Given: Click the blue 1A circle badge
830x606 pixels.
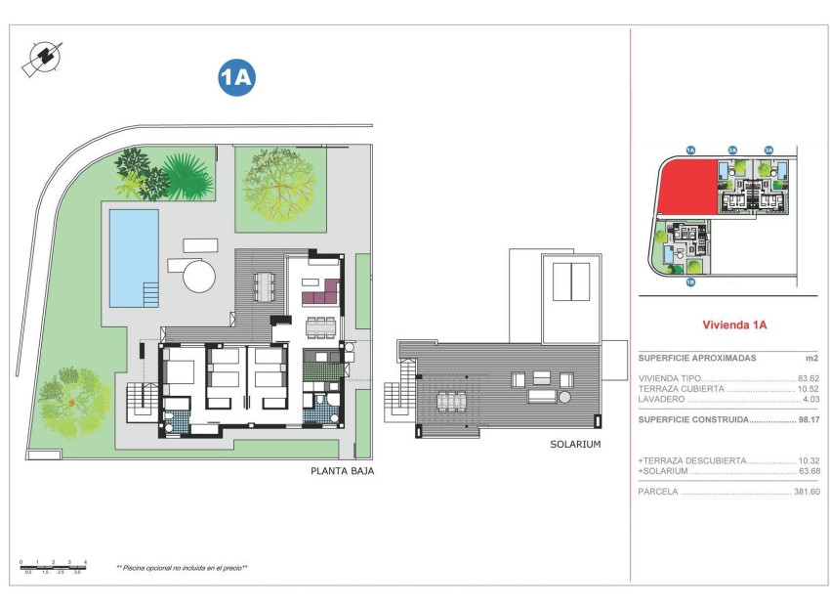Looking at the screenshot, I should coord(236,78).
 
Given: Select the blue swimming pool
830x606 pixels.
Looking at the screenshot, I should coord(133,257).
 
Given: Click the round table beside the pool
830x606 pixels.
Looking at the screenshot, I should coord(199,275).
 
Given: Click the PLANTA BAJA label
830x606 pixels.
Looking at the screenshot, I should coord(342,470).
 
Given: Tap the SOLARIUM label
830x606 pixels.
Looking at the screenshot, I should coord(575,444).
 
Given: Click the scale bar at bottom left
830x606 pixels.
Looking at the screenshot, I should coord(54,566).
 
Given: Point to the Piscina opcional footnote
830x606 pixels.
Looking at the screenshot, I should coord(182,567).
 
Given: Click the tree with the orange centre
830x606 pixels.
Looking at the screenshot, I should coord(72,400).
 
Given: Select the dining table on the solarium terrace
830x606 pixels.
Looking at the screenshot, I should coord(450,401).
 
